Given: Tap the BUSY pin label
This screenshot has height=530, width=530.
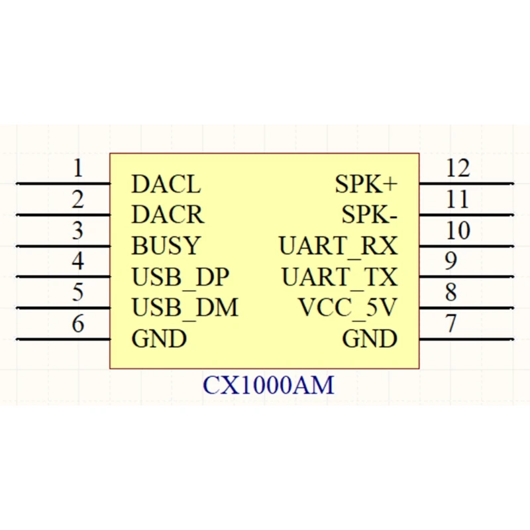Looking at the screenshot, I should click(x=165, y=246).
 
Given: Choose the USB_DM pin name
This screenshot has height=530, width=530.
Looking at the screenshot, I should click(x=185, y=308).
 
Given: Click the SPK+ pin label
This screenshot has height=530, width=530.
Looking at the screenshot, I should click(x=366, y=184).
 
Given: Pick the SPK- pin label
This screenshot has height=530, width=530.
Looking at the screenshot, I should click(x=369, y=215).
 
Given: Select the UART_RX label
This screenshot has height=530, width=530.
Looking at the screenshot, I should click(x=338, y=246).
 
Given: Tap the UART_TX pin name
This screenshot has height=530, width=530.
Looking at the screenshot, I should click(x=339, y=277).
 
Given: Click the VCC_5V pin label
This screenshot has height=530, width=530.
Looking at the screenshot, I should click(x=347, y=308).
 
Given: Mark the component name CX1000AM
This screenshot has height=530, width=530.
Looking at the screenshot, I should click(x=268, y=385).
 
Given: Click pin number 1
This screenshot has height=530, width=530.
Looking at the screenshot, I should click(x=78, y=168).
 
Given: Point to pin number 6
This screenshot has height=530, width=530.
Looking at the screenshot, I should click(x=78, y=324).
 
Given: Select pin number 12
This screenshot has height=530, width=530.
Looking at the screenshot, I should click(x=457, y=168).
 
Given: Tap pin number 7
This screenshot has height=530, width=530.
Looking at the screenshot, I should click(x=451, y=324).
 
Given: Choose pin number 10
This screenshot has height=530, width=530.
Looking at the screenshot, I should click(x=457, y=231).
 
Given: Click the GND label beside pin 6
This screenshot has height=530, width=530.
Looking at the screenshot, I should click(x=159, y=339).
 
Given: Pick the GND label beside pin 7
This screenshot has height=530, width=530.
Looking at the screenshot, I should click(x=370, y=339).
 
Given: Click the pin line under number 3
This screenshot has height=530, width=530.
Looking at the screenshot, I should click(x=63, y=246).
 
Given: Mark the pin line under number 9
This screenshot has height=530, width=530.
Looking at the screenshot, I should click(x=466, y=278).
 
